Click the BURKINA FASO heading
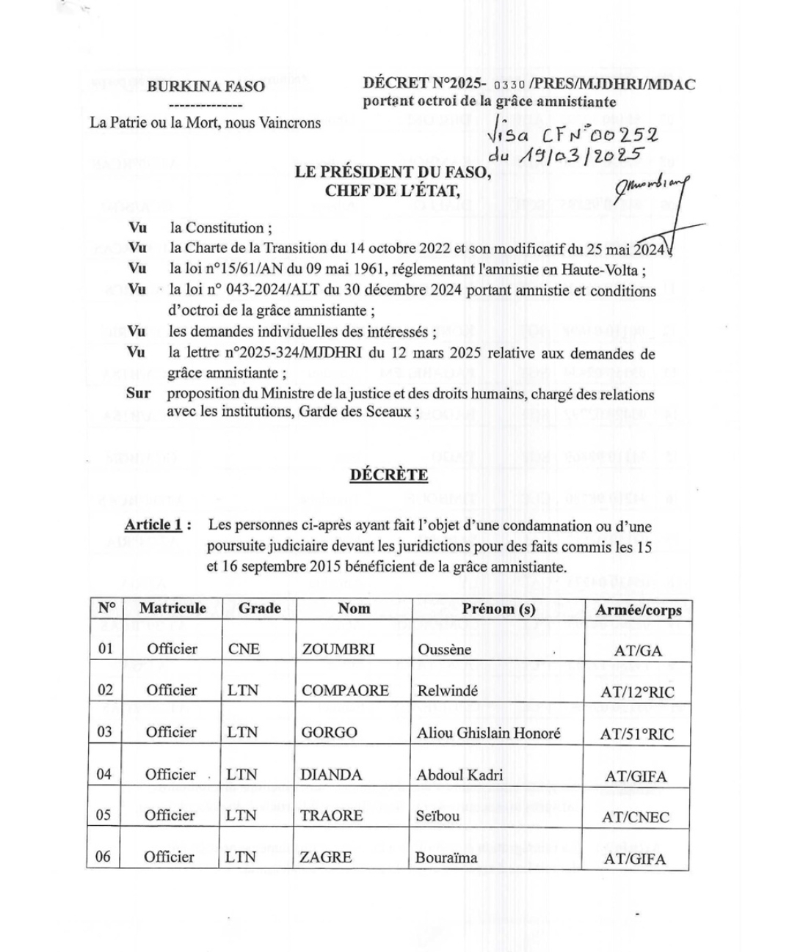click(206, 86)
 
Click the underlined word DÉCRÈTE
click(388, 475)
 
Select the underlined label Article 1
click(153, 524)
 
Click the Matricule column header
click(172, 608)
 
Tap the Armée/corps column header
click(638, 609)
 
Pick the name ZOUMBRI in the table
click(338, 649)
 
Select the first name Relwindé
click(447, 690)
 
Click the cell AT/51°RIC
click(636, 733)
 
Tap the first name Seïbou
click(437, 816)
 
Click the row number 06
click(103, 856)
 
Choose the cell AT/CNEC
click(636, 817)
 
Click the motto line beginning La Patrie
click(205, 122)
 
